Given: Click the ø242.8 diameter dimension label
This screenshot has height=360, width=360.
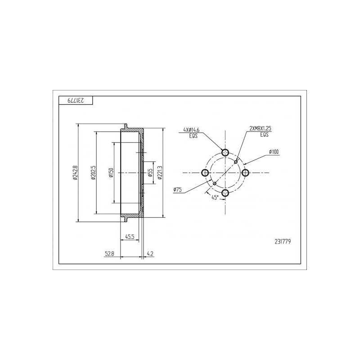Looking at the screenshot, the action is (x=74, y=173).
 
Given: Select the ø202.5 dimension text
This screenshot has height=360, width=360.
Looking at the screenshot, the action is (x=93, y=173).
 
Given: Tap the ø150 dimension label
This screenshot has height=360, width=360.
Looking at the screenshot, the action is (x=112, y=173).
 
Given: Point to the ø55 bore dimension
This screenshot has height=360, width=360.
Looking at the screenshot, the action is (x=150, y=173).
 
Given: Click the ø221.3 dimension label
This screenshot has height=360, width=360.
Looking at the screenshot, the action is (x=160, y=173).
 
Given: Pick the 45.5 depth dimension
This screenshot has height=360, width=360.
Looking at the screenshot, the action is (x=130, y=237).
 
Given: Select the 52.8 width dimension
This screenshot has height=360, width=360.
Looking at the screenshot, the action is (x=109, y=254).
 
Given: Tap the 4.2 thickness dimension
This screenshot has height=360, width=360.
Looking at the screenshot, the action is (x=150, y=254).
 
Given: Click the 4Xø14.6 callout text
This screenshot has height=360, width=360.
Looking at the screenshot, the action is (x=191, y=130).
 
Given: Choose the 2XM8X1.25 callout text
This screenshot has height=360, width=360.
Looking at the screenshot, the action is (x=261, y=128).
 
